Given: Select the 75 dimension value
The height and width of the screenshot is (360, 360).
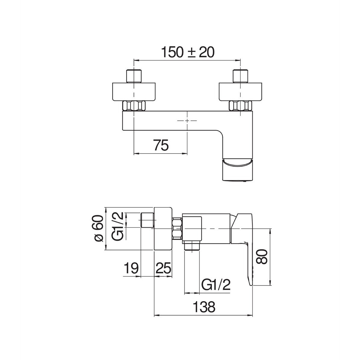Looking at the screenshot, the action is point(161,145).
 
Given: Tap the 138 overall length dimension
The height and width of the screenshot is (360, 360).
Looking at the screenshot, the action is point(204,307).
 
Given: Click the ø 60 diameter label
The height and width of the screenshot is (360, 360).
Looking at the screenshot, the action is point(99,228).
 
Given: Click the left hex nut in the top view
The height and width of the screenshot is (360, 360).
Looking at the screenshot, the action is point(134,106).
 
